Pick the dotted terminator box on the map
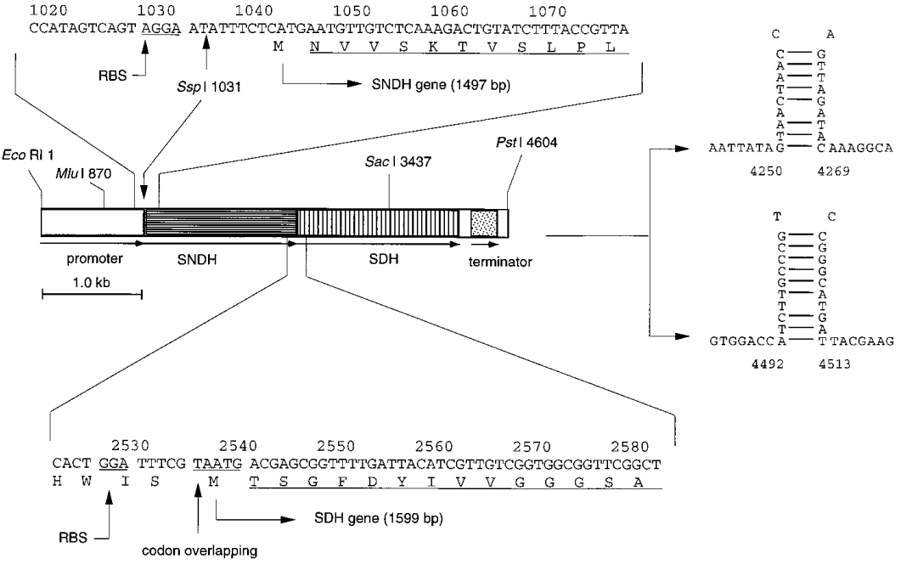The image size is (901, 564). tap(482, 222)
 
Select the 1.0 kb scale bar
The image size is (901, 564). tap(92, 294)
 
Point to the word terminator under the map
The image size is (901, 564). tap(500, 262)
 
